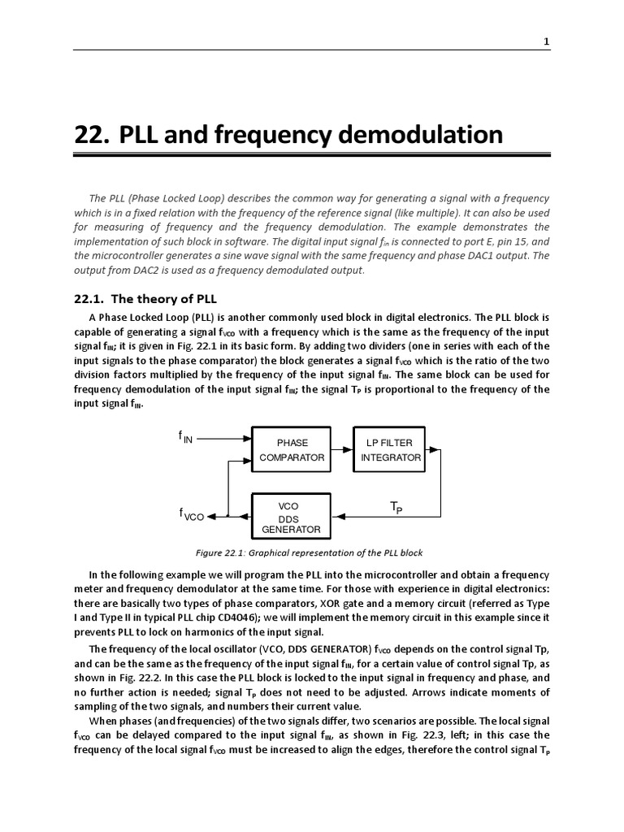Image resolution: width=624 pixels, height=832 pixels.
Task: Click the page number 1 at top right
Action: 547,41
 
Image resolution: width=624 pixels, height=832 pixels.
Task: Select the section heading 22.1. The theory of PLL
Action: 145,298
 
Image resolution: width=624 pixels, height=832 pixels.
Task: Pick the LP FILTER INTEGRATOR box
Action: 391,450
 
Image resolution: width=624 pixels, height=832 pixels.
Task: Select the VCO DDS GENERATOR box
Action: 291,518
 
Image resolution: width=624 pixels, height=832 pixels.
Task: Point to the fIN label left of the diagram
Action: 186,437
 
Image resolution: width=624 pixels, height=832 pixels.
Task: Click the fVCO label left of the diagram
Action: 191,514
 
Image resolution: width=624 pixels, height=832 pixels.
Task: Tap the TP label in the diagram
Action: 396,508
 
